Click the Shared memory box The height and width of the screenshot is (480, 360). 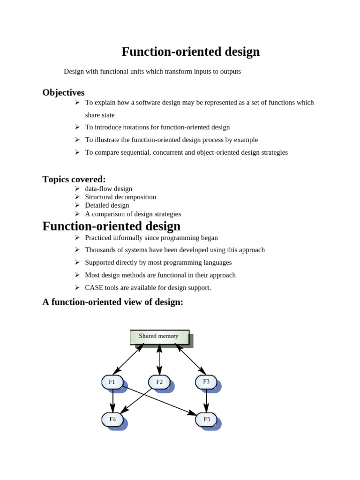pyautogui.click(x=159, y=337)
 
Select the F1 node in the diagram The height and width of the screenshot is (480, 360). pyautogui.click(x=112, y=382)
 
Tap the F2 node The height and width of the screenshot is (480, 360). pyautogui.click(x=159, y=382)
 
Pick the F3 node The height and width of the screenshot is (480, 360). pyautogui.click(x=206, y=382)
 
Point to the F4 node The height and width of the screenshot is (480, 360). pyautogui.click(x=112, y=420)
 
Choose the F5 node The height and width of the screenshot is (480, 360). pyautogui.click(x=206, y=420)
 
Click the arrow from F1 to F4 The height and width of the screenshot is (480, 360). pyautogui.click(x=113, y=401)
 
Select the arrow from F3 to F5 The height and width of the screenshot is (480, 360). pyautogui.click(x=207, y=401)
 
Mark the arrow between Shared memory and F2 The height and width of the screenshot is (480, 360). pyautogui.click(x=160, y=360)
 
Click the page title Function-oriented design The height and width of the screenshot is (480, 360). pyautogui.click(x=190, y=52)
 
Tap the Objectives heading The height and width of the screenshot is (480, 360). pyautogui.click(x=63, y=92)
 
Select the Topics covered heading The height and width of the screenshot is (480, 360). pyautogui.click(x=74, y=179)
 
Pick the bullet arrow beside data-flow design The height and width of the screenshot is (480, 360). pyautogui.click(x=77, y=188)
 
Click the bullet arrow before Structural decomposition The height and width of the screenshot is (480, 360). pyautogui.click(x=77, y=197)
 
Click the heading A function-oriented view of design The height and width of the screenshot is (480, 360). pyautogui.click(x=112, y=302)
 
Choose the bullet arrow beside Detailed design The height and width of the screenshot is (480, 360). pyautogui.click(x=77, y=205)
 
